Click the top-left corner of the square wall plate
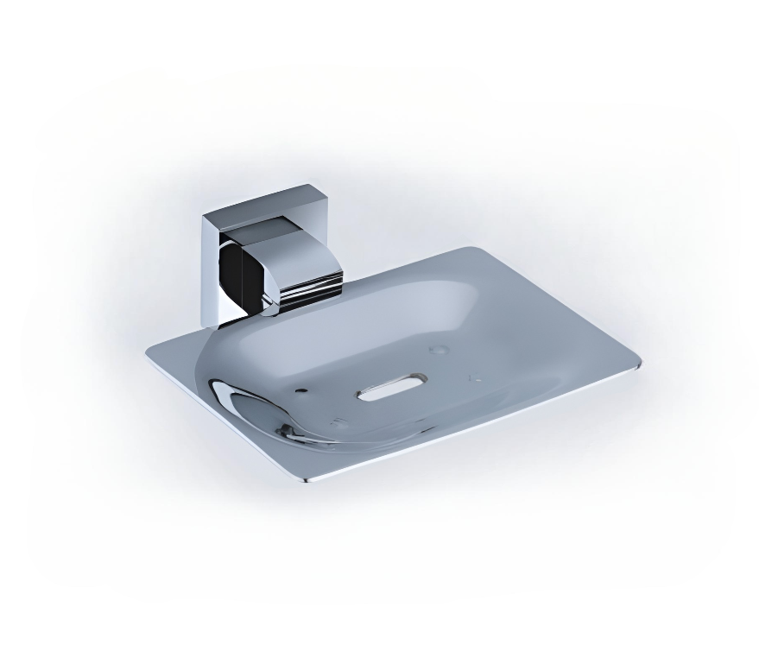coord(204,217)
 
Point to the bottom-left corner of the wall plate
coord(206,326)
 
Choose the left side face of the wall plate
coord(210,272)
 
